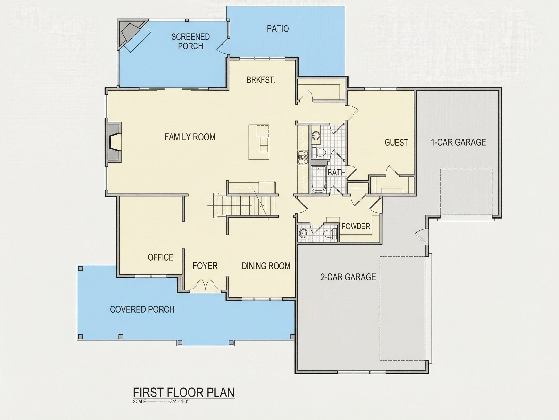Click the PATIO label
tap(278, 29)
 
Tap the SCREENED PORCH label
tap(190, 42)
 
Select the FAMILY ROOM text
tap(190, 137)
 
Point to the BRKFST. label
tap(261, 80)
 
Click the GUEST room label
tap(396, 142)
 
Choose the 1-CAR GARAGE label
tap(458, 142)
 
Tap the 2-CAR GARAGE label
tap(348, 277)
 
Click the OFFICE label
tap(160, 257)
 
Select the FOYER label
tap(205, 266)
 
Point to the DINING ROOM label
tap(266, 266)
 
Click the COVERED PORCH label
tap(142, 309)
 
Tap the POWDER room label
tap(356, 226)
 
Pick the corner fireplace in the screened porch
tap(130, 34)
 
